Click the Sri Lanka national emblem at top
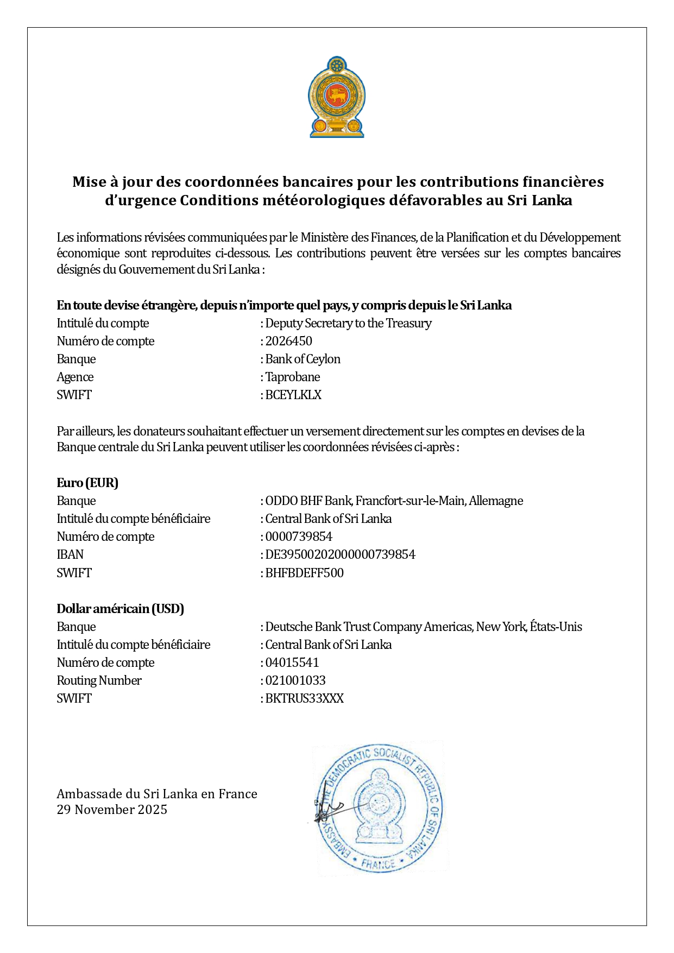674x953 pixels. pos(337,97)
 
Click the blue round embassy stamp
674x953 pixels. pos(380,809)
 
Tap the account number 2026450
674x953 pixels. pos(288,341)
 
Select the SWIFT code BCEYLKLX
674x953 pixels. pos(293,395)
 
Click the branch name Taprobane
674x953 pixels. pos(293,377)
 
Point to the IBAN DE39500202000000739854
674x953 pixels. pos(340,554)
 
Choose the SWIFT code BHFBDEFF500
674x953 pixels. pos(304,573)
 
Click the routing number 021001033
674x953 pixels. pos(295,680)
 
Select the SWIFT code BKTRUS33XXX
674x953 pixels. pos(304,698)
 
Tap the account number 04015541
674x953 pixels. pos(292,662)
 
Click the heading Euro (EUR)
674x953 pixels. pos(87,483)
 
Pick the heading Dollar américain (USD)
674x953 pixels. pos(121,609)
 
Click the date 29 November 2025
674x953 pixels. pos(112,810)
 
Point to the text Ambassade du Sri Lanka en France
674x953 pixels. pos(157,794)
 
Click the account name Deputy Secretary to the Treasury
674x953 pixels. pos(348,323)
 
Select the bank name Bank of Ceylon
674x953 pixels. pos(303,359)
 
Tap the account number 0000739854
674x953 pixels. pos(299,537)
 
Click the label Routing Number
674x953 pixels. pos(99,680)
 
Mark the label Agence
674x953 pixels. pos(75,377)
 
